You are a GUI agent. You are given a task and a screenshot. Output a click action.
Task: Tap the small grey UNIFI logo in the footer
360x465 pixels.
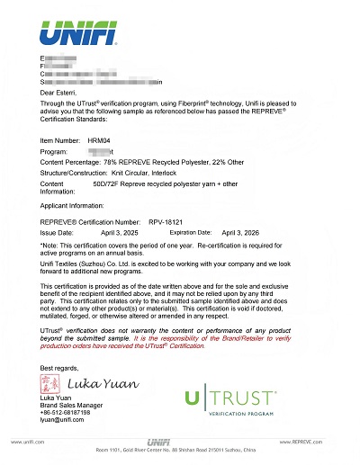pyautogui.click(x=181, y=442)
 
